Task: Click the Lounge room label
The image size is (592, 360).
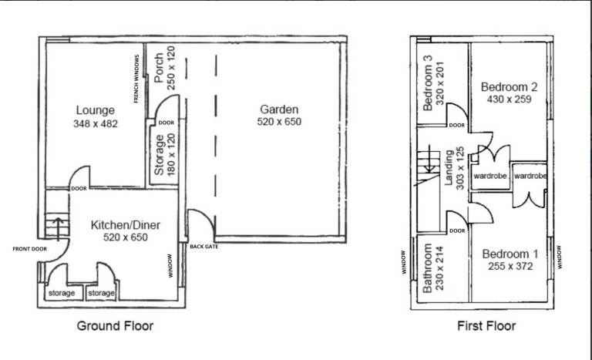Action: (95, 110)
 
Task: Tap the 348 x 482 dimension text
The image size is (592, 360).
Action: (96, 123)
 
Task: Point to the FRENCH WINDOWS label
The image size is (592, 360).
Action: (136, 79)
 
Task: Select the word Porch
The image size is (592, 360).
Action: (159, 68)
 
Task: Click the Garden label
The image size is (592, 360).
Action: (279, 109)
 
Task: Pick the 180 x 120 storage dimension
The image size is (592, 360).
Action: (171, 154)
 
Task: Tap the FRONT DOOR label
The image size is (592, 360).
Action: (30, 249)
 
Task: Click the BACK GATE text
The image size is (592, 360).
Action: (203, 247)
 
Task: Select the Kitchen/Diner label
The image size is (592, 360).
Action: (126, 225)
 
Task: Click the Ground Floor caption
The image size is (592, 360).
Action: (115, 325)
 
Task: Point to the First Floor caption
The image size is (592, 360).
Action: (486, 325)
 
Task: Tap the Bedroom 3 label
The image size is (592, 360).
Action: (427, 83)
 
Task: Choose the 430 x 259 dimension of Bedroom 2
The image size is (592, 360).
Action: (509, 99)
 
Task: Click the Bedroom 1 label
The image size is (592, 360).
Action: (510, 254)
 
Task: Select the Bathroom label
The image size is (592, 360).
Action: (427, 268)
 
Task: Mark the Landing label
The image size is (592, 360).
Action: (449, 168)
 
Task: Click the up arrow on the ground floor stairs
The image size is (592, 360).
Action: (58, 229)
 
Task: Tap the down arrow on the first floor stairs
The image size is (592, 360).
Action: (429, 159)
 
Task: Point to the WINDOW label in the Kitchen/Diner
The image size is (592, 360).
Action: (170, 266)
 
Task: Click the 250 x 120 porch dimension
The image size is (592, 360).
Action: (171, 68)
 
